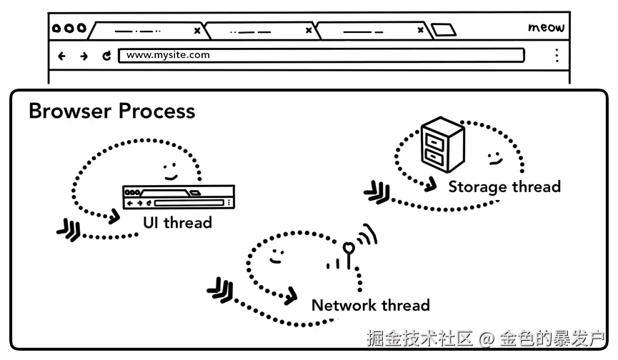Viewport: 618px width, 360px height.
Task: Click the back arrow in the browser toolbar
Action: click(61, 56)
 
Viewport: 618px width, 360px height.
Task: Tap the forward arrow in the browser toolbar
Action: click(84, 56)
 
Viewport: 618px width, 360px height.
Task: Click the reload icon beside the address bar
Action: click(106, 56)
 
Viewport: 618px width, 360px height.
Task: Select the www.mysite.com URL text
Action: click(168, 55)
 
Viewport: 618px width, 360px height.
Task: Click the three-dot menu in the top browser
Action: click(557, 56)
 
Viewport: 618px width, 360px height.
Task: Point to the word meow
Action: click(547, 27)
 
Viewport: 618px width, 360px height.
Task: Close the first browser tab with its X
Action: click(197, 31)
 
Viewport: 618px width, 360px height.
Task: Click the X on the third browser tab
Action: click(421, 30)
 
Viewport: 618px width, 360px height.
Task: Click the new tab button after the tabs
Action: click(444, 30)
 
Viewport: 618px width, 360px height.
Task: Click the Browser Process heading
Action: click(112, 111)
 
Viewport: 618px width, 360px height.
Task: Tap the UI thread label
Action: click(177, 223)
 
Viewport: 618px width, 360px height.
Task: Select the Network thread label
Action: click(371, 305)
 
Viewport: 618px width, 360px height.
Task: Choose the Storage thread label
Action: click(504, 186)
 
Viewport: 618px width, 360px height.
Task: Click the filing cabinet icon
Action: click(443, 144)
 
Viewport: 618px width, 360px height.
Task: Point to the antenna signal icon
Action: click(352, 247)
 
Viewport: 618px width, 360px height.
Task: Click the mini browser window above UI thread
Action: click(179, 196)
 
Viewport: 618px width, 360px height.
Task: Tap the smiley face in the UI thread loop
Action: click(170, 171)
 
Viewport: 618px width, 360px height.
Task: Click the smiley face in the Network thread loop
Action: click(276, 256)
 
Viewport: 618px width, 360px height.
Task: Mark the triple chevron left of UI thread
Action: click(69, 229)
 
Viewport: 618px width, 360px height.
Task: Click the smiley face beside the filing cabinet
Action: click(494, 159)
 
